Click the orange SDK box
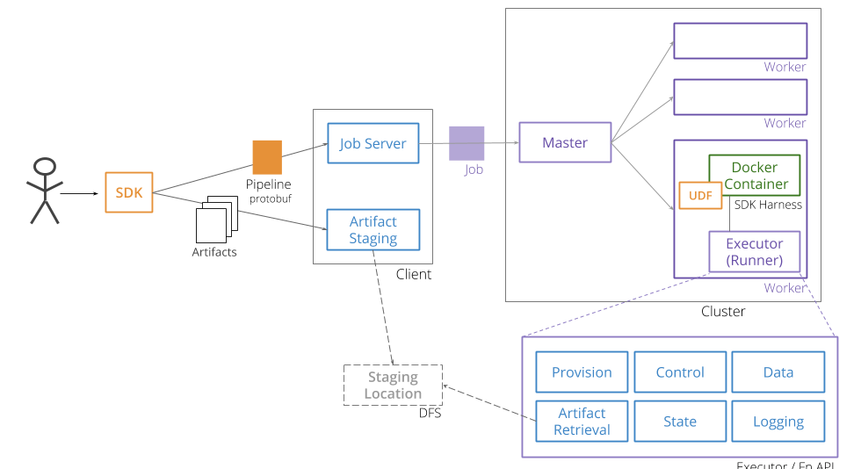129,192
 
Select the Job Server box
373,143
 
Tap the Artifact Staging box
373,229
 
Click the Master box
564,142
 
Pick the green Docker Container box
755,176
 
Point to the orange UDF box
699,196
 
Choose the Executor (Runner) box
754,252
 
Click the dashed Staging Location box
393,386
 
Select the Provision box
582,372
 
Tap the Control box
680,372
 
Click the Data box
778,372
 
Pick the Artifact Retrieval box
582,422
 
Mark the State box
680,422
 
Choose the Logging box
778,422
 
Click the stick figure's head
45,167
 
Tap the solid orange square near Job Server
267,157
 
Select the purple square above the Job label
467,143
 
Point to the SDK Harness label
767,205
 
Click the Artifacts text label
214,252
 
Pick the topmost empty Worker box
740,41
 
